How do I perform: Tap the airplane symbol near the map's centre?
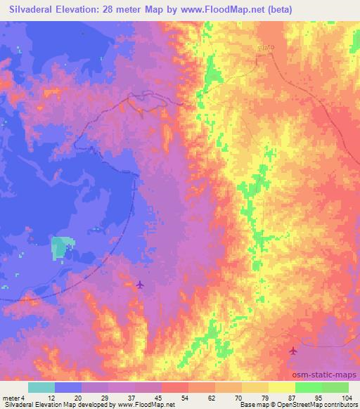pos(139,285)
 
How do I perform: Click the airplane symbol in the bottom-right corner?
pos(293,351)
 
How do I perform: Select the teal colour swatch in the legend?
pos(41,387)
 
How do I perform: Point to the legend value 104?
pos(346,397)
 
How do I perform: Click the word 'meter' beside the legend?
pos(10,397)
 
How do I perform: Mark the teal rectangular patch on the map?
pos(61,248)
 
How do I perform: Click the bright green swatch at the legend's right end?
pos(335,387)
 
